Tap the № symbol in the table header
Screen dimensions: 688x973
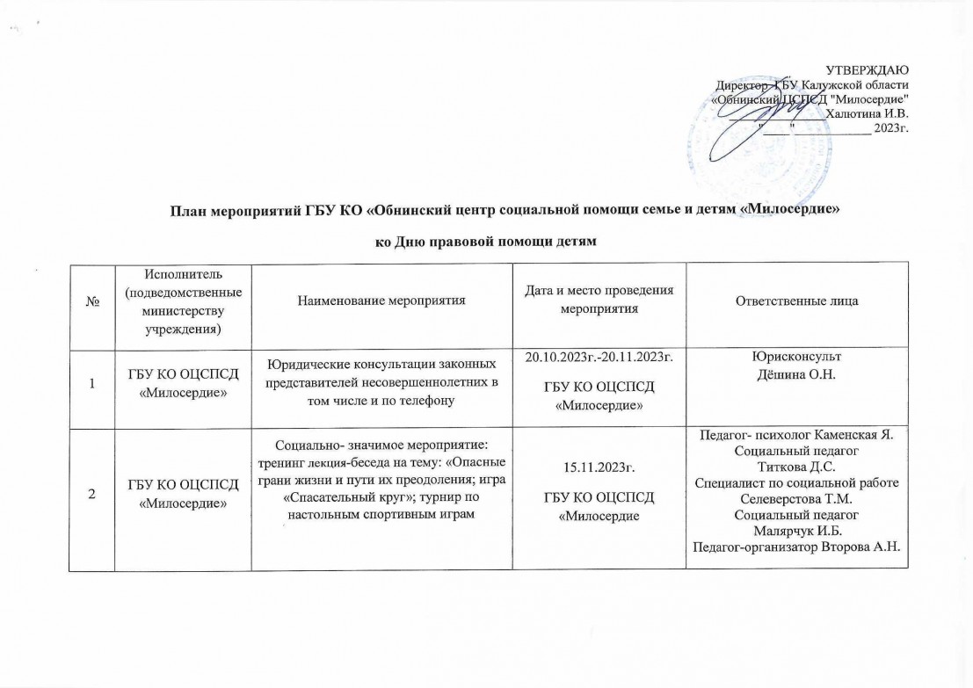click(x=91, y=301)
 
